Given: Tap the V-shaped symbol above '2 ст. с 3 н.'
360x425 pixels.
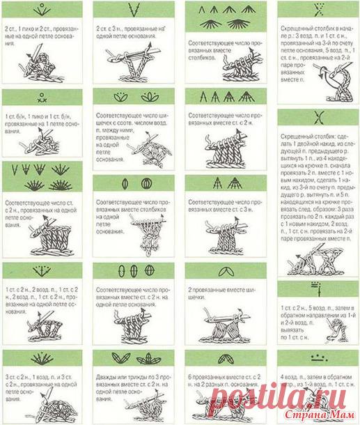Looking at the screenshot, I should coord(131,10).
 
